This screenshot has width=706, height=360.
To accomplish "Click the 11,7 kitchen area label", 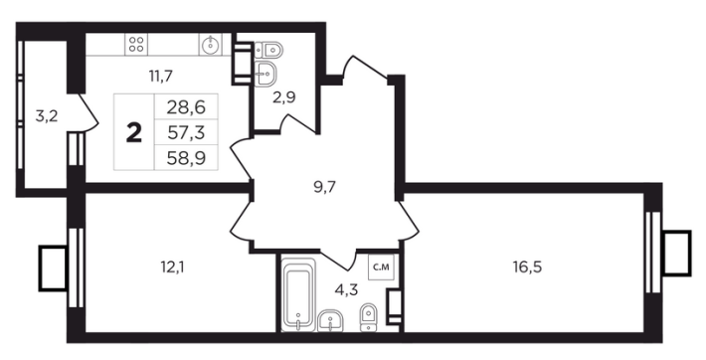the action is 161,77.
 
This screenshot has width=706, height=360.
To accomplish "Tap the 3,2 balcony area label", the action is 47,116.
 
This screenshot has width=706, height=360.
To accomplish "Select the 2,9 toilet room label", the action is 284,96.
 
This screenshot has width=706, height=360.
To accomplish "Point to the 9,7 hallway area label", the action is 325,186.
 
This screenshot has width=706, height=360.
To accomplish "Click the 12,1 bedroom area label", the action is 173,268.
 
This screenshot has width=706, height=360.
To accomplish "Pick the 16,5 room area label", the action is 527,268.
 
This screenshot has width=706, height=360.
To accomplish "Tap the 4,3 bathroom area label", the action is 346,289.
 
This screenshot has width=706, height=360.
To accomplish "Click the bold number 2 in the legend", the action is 134,133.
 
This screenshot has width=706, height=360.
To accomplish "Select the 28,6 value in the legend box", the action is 186,107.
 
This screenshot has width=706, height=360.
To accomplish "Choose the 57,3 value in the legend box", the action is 186,133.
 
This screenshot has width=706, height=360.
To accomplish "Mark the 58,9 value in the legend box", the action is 186,158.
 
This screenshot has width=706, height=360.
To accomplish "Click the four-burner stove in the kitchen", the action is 136,45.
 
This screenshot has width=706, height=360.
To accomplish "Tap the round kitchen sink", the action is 210,45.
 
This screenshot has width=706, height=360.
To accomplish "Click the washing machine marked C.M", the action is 378,268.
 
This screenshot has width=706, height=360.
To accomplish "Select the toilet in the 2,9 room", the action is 268,49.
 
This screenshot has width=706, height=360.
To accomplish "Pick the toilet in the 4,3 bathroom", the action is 369,317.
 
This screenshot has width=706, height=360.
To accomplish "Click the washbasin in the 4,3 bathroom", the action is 331,322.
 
